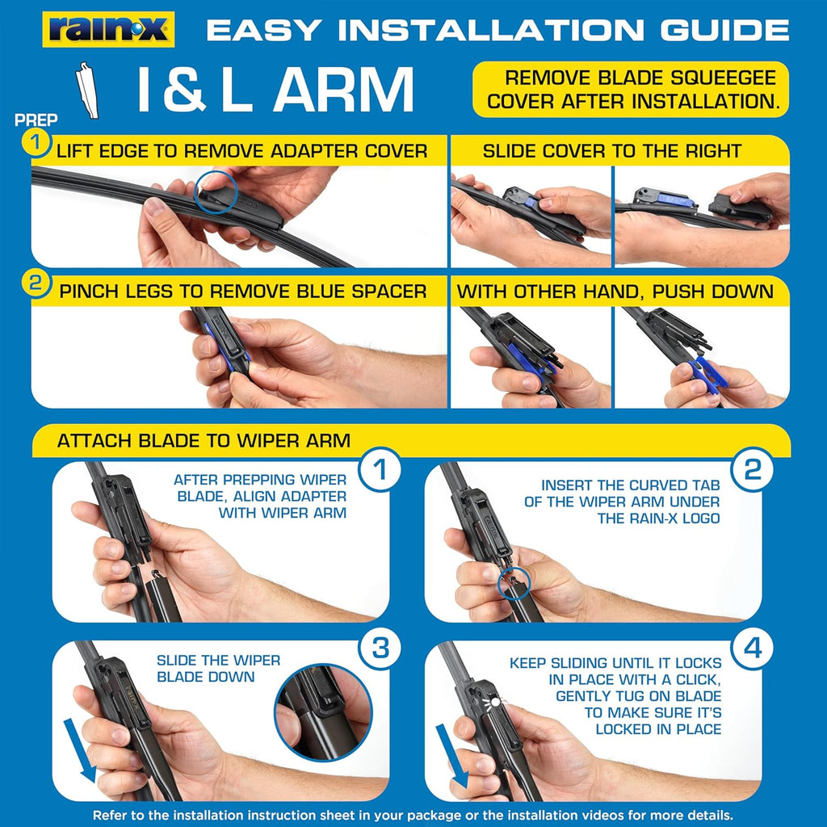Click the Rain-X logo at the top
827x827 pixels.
108,30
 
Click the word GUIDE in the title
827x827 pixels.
724,30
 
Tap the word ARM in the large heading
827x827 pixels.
343,89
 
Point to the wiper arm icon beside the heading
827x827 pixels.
87,90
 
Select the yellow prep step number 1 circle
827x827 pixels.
36,142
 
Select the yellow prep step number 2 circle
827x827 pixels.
36,283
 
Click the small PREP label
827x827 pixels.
36,120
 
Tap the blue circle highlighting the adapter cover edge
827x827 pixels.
216,192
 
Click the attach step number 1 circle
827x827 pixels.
380,469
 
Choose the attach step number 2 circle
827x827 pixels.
752,469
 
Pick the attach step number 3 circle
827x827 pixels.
380,649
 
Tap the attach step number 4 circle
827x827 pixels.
752,649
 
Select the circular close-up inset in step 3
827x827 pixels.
323,712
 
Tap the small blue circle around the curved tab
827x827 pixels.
514,583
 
